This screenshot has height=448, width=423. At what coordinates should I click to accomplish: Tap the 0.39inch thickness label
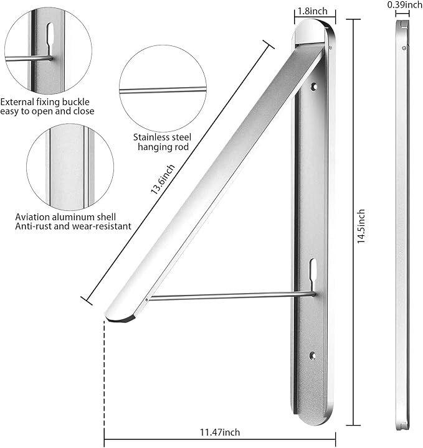(x=404, y=5)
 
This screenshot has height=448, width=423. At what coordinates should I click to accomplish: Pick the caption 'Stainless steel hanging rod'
(x=161, y=142)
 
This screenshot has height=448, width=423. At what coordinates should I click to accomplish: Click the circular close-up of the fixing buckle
(x=48, y=51)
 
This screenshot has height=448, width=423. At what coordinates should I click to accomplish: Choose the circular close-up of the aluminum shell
(x=70, y=167)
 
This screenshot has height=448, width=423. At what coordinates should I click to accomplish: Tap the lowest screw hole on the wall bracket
(x=313, y=357)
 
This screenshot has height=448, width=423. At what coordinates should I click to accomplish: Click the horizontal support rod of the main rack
(x=231, y=297)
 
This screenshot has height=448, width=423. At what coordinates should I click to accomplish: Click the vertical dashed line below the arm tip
(x=104, y=373)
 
